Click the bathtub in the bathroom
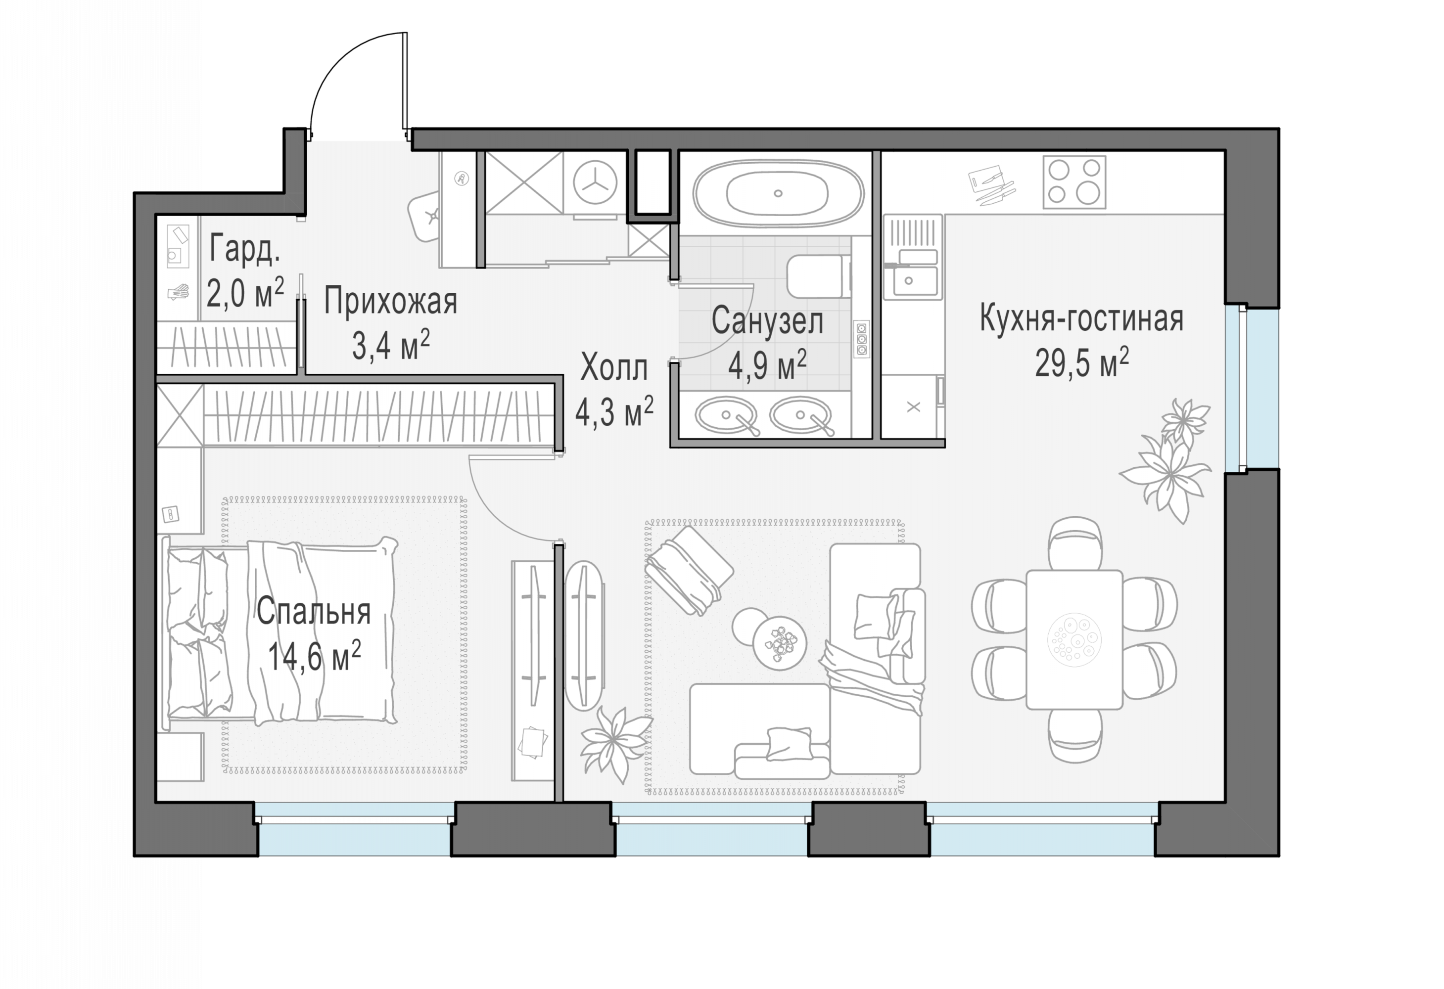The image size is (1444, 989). click(x=778, y=193)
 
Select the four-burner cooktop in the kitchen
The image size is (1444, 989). click(x=1074, y=182)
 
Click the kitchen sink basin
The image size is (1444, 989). click(x=915, y=281)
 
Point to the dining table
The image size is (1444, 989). click(x=1074, y=639)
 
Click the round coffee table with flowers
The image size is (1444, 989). click(x=779, y=642)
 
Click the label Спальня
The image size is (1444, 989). click(x=314, y=611)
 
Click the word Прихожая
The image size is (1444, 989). click(x=390, y=303)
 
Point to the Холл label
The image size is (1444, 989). click(x=614, y=368)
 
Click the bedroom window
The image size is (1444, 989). click(x=355, y=829)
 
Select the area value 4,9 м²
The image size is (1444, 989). click(x=767, y=366)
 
